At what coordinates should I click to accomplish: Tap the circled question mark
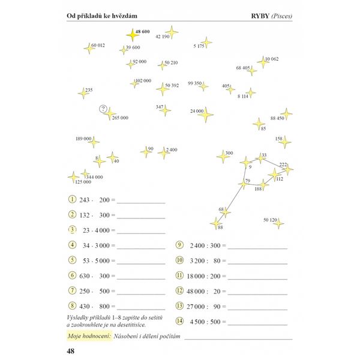click(x=104, y=109)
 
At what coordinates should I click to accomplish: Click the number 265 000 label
click(x=121, y=118)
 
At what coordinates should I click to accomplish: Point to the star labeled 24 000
click(x=207, y=113)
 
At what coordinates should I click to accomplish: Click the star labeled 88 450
click(x=287, y=114)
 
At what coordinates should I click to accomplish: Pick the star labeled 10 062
click(x=262, y=62)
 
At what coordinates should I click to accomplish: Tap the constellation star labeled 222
click(x=288, y=170)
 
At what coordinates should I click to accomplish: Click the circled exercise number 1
click(x=72, y=199)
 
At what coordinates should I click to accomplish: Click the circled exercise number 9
click(x=179, y=245)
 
